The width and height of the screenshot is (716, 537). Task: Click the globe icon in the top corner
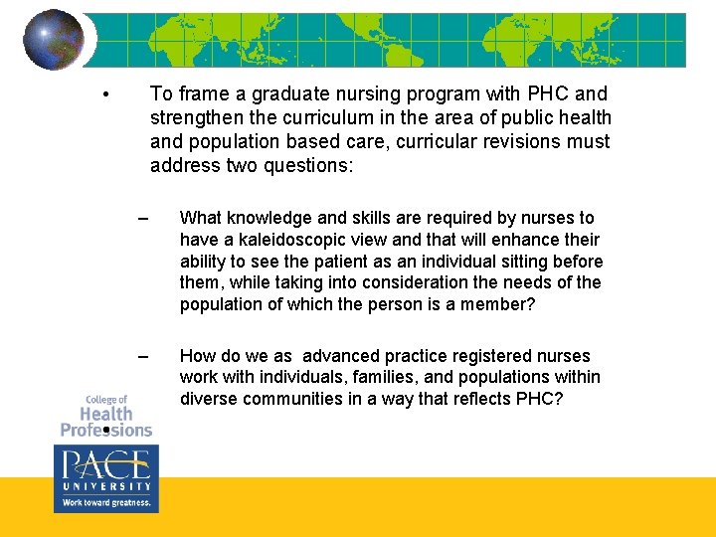pyautogui.click(x=54, y=39)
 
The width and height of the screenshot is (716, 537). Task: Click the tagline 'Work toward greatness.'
pyautogui.click(x=105, y=503)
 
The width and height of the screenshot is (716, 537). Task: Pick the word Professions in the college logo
pyautogui.click(x=105, y=431)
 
